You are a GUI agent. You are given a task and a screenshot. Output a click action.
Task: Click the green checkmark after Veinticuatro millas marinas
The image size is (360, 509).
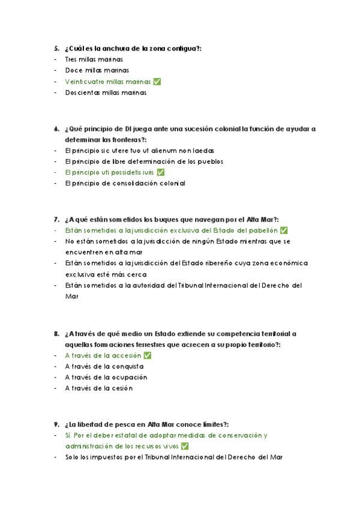[157, 82]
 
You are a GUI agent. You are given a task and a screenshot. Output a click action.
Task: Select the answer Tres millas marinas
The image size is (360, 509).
[94, 59]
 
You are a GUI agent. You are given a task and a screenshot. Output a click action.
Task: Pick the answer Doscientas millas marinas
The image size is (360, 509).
[106, 93]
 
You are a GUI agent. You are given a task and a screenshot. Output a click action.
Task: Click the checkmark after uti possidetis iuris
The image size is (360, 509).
[160, 172]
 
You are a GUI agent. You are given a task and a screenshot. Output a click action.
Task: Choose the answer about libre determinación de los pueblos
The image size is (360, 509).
[144, 161]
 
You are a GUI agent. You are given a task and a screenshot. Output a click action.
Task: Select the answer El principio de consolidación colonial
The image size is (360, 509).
[125, 184]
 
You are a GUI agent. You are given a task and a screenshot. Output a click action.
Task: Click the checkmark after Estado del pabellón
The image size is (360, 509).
[284, 230]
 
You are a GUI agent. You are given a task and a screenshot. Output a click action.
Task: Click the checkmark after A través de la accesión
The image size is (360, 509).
[147, 355]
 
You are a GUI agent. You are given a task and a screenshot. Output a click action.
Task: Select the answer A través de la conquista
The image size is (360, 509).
[104, 366]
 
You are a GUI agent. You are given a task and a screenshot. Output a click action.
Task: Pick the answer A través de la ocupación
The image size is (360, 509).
[106, 378]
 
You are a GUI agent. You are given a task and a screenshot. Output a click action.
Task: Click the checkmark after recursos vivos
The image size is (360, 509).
[185, 446]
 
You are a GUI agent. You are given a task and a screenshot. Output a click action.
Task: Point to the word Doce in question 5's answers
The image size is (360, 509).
[73, 71]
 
